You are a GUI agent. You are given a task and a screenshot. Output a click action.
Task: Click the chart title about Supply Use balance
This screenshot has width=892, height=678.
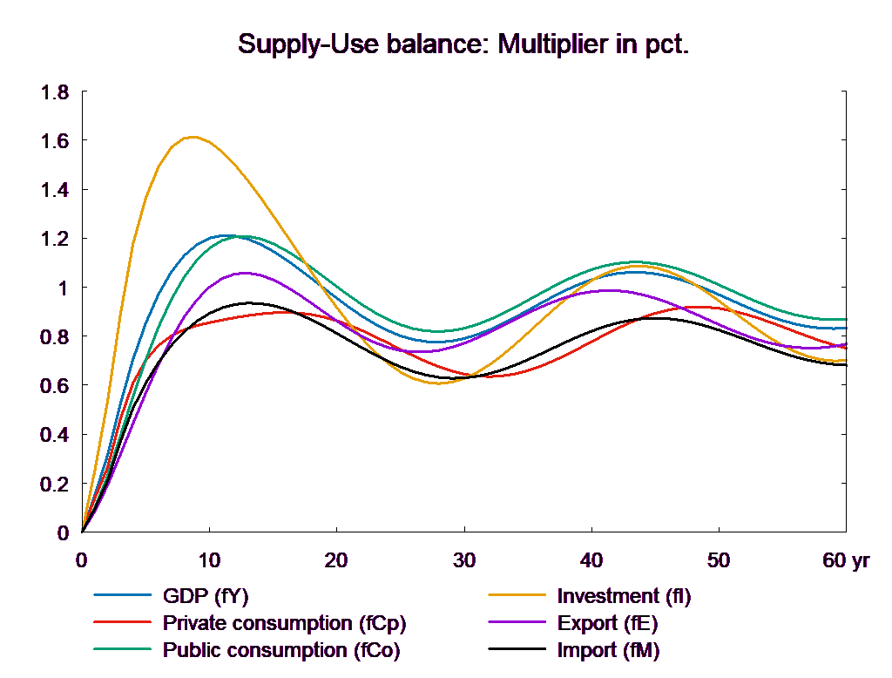point(463,44)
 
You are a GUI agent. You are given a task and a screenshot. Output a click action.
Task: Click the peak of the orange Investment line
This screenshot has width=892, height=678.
point(192,137)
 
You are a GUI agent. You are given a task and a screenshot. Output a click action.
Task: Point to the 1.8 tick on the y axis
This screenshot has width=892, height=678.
point(56,92)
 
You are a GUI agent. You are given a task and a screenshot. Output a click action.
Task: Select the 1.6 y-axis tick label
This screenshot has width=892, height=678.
point(56,141)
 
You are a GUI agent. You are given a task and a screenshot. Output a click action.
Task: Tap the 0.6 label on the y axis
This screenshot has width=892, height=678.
point(56,386)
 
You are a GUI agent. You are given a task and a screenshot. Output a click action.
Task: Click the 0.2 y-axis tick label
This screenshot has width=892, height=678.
point(56,484)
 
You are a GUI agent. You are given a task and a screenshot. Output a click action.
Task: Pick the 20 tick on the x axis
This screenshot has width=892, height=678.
point(336,561)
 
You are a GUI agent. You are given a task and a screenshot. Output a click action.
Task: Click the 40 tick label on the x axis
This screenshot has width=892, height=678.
point(591,561)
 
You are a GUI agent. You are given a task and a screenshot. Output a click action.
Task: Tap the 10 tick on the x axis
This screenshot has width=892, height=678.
point(209,561)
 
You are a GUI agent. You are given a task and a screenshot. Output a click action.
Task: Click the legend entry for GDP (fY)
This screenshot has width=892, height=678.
point(206,597)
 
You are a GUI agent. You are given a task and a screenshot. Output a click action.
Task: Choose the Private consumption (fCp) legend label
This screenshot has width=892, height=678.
point(284,624)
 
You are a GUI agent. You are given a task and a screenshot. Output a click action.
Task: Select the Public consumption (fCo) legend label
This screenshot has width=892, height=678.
point(281,651)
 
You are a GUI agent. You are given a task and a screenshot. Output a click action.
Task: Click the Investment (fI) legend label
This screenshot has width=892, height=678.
point(624,597)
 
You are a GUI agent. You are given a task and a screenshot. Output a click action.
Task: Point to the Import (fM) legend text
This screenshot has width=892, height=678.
point(608,651)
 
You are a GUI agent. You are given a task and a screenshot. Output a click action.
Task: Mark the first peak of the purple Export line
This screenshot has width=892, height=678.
point(247,273)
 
